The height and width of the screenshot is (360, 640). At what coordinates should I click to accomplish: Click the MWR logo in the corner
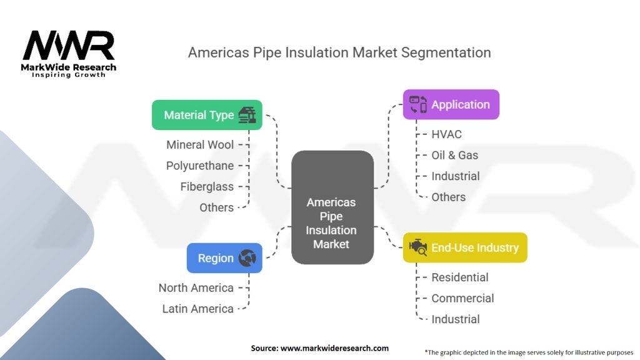[x=69, y=54]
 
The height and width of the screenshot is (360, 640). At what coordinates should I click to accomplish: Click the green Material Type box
[x=207, y=115]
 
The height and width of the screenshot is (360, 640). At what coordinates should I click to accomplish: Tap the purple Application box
[x=451, y=104]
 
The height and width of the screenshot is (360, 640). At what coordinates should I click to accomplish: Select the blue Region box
[x=224, y=258]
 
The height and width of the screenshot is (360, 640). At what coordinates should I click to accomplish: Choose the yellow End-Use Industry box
[x=465, y=247]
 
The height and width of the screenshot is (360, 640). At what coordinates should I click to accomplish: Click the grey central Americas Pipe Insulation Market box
[x=332, y=207]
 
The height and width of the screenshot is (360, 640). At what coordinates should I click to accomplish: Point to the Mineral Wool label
[x=200, y=145]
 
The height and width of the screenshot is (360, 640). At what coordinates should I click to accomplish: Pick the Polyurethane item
[x=200, y=166]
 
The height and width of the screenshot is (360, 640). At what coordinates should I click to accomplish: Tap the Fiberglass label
[x=207, y=186]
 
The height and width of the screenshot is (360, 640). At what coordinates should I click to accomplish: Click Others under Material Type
[x=216, y=207]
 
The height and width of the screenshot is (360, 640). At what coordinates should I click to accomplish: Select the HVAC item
[x=446, y=134]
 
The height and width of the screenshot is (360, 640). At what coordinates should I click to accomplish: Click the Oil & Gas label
[x=455, y=155]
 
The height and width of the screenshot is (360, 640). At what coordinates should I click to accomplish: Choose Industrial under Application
[x=456, y=176]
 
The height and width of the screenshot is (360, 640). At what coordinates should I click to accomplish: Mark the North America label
[x=196, y=287]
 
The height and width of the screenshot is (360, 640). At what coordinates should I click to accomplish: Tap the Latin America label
[x=198, y=309]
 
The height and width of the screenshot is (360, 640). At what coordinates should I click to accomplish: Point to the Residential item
[x=460, y=277]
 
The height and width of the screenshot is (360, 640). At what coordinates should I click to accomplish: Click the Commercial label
[x=462, y=298]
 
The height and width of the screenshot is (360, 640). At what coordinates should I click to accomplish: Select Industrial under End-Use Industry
[x=456, y=319]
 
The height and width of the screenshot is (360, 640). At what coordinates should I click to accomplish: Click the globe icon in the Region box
[x=247, y=258]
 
